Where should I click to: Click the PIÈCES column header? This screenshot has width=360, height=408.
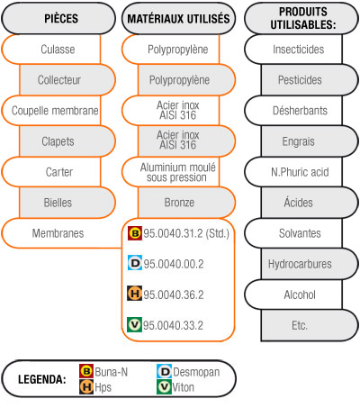pyautogui.click(x=58, y=18)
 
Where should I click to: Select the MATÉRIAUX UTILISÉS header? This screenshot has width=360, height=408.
pyautogui.click(x=178, y=18)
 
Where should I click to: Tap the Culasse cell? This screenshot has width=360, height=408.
pyautogui.click(x=51, y=50)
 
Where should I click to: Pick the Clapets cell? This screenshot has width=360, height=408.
pyautogui.click(x=67, y=141)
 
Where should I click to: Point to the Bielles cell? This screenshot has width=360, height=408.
pyautogui.click(x=67, y=203)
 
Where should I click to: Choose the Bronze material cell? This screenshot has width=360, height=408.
pyautogui.click(x=186, y=203)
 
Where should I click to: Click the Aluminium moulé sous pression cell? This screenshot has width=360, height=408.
pyautogui.click(x=170, y=172)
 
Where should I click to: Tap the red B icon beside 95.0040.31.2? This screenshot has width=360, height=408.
pyautogui.click(x=135, y=233)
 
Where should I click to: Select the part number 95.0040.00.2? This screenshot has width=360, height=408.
pyautogui.click(x=174, y=264)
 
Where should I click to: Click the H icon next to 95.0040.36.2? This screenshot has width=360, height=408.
pyautogui.click(x=134, y=294)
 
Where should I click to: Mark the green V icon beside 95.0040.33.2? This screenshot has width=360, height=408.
pyautogui.click(x=134, y=325)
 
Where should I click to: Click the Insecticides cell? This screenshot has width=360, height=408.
pyautogui.click(x=293, y=50)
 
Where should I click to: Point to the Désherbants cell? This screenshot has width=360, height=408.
pyautogui.click(x=293, y=111)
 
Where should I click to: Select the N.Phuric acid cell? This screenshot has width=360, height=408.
pyautogui.click(x=293, y=172)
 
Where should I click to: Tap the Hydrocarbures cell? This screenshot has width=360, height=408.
pyautogui.click(x=310, y=264)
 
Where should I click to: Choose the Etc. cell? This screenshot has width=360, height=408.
pyautogui.click(x=310, y=325)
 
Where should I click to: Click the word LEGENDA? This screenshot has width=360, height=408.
pyautogui.click(x=42, y=379)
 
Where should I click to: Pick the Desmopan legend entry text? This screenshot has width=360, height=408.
pyautogui.click(x=196, y=372)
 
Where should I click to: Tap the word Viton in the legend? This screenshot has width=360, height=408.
pyautogui.click(x=183, y=387)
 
